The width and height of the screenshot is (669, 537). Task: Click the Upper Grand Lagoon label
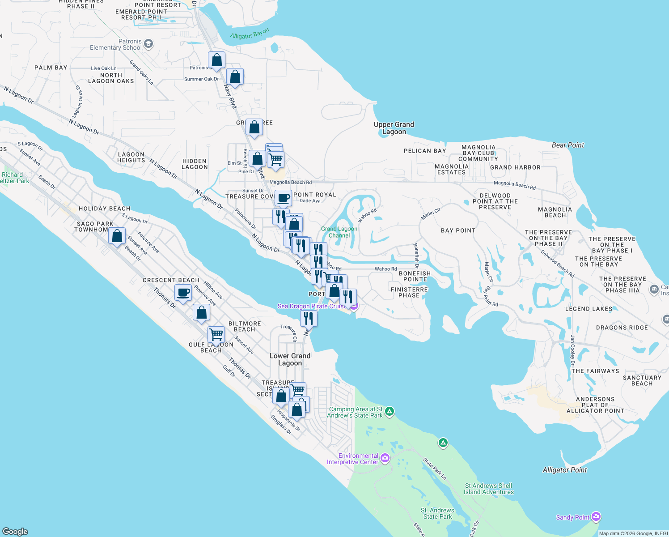click(x=394, y=128)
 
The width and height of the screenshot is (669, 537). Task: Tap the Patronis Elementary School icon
click(x=148, y=44)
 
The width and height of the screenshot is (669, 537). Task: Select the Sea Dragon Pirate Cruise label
click(x=312, y=306)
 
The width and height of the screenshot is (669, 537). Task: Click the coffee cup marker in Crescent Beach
click(x=183, y=293)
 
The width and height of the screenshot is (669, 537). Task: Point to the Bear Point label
click(x=567, y=145)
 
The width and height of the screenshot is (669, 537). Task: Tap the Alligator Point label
click(x=564, y=470)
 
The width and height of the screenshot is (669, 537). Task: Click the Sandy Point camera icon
click(x=596, y=517)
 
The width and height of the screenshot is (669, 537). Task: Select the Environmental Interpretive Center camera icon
click(x=385, y=458)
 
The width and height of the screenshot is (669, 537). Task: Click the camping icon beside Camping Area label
click(x=390, y=411)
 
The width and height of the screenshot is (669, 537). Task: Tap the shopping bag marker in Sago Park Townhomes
click(x=117, y=235)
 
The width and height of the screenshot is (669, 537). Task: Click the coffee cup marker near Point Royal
click(x=283, y=197)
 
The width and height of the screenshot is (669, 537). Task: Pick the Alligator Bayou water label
click(x=250, y=34)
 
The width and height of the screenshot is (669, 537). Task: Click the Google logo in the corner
click(x=15, y=531)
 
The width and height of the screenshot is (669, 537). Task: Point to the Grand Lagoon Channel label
click(x=339, y=232)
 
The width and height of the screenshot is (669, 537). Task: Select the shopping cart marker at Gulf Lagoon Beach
click(x=216, y=334)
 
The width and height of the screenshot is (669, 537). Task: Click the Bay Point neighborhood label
click(x=458, y=230)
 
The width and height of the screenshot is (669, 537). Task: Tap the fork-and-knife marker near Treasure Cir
click(x=309, y=318)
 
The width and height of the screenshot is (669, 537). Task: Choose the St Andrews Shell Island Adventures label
click(x=488, y=489)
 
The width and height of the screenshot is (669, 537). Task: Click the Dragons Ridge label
click(x=622, y=328)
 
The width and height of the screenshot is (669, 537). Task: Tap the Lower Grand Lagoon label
click(x=290, y=359)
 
